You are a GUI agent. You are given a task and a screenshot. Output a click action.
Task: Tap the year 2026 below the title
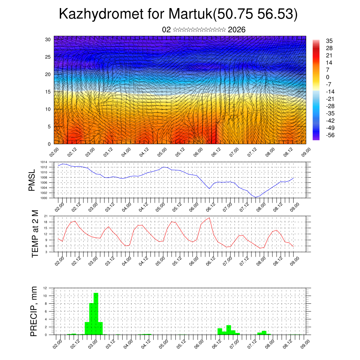pyautogui.click(x=237, y=30)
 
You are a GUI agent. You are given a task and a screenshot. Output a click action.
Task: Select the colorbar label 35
pyautogui.click(x=329, y=41)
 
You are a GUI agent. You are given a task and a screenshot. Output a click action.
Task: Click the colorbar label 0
pyautogui.click(x=328, y=77)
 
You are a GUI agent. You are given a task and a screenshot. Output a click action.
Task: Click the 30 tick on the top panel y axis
pyautogui.click(x=48, y=39)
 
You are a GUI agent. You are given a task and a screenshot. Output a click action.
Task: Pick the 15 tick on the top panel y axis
pyautogui.click(x=48, y=92)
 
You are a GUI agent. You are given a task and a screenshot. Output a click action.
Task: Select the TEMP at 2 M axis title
pyautogui.click(x=35, y=233)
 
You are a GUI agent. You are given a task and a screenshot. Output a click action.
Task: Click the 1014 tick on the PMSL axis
pyautogui.click(x=49, y=162)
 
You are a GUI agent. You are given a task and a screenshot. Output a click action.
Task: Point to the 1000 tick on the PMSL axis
pyautogui.click(x=49, y=198)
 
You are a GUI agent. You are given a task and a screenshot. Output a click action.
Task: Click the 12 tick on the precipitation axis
pyautogui.click(x=50, y=288)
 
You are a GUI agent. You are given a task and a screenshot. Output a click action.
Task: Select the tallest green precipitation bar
pyautogui.click(x=96, y=313)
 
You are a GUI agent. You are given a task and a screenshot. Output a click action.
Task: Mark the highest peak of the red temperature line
pyautogui.click(x=210, y=218)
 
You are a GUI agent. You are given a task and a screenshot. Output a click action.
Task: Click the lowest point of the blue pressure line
pyautogui.click(x=256, y=198)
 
